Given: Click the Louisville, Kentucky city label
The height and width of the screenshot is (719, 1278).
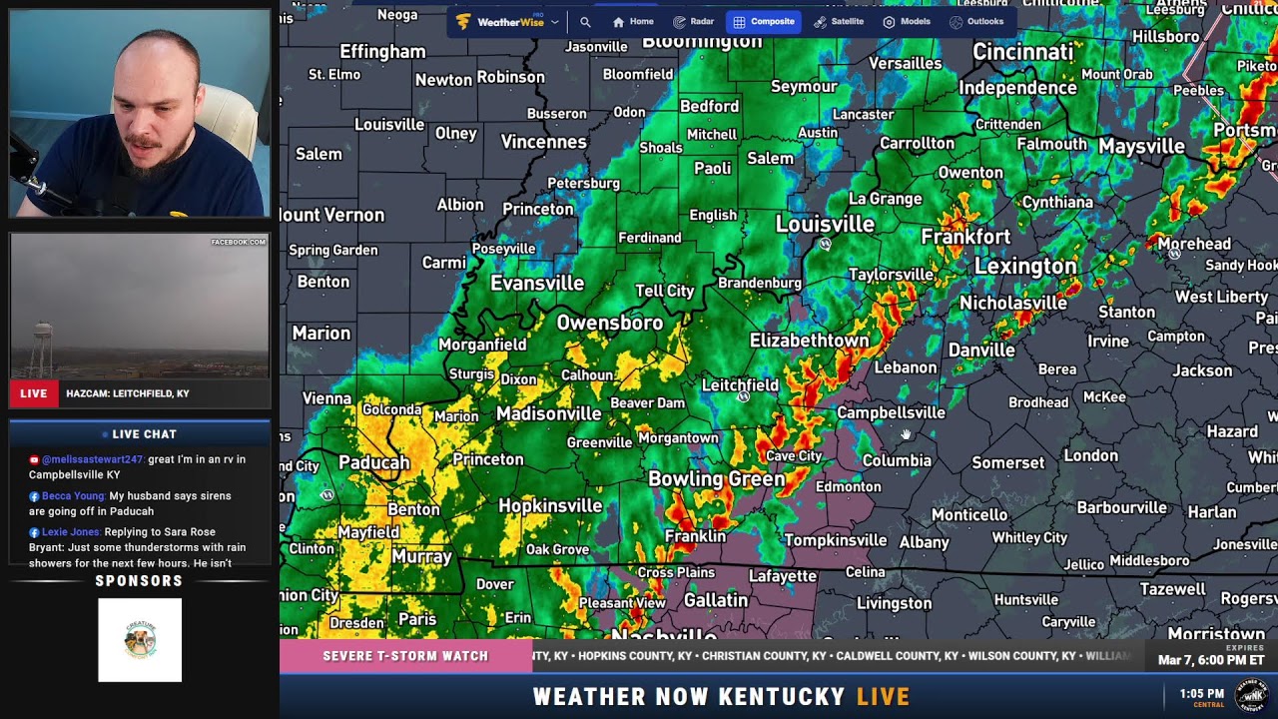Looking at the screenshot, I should (x=825, y=224).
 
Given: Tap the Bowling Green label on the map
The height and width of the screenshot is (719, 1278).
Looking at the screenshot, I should (x=716, y=479).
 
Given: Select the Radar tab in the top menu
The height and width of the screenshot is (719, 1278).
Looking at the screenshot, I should (x=694, y=21).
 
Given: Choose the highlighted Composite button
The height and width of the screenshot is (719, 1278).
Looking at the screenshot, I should (x=764, y=21).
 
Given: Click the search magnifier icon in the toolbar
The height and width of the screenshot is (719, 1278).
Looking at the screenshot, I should (x=585, y=22).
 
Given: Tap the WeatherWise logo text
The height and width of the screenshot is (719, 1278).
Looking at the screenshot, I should (x=509, y=22).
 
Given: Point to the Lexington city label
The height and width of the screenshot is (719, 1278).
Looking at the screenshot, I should (x=1025, y=267).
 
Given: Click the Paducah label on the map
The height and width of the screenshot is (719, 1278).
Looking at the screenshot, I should (x=374, y=462).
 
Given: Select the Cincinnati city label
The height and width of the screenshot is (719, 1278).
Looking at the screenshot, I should (x=1023, y=52).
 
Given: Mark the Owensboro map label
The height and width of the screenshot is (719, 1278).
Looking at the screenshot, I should (x=609, y=323).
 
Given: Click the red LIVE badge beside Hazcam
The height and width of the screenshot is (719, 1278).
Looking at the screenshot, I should (x=34, y=393).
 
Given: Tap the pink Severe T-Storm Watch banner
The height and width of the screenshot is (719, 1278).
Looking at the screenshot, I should (x=405, y=656).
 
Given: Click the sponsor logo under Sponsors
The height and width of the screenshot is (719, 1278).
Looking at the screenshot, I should (x=140, y=640).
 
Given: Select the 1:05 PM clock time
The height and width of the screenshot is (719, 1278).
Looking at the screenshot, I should (x=1201, y=693).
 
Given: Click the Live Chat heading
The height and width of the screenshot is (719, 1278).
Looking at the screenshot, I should (x=140, y=434).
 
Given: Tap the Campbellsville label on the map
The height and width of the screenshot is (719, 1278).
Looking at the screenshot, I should (x=891, y=412).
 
